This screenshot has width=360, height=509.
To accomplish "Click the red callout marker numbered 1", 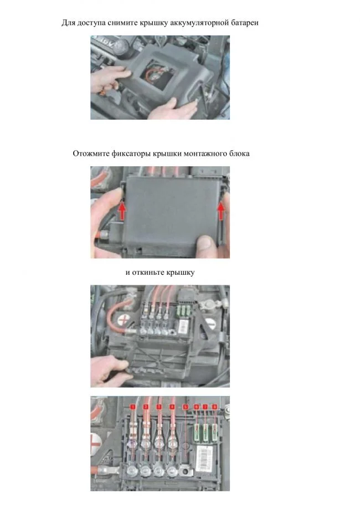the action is (132, 407).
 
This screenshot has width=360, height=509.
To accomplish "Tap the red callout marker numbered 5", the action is (186, 407).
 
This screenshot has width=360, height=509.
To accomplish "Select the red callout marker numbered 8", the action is (214, 407).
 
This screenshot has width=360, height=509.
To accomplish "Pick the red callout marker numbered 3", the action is (159, 407).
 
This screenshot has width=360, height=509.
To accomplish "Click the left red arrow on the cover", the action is (122, 211).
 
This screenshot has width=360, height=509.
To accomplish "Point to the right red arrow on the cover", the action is (221, 211).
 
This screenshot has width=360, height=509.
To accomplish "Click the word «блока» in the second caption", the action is (240, 153).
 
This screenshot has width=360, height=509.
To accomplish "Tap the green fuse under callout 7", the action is (205, 432).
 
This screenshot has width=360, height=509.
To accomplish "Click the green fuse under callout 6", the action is (197, 432).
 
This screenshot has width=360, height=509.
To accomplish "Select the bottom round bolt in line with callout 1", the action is (132, 469).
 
